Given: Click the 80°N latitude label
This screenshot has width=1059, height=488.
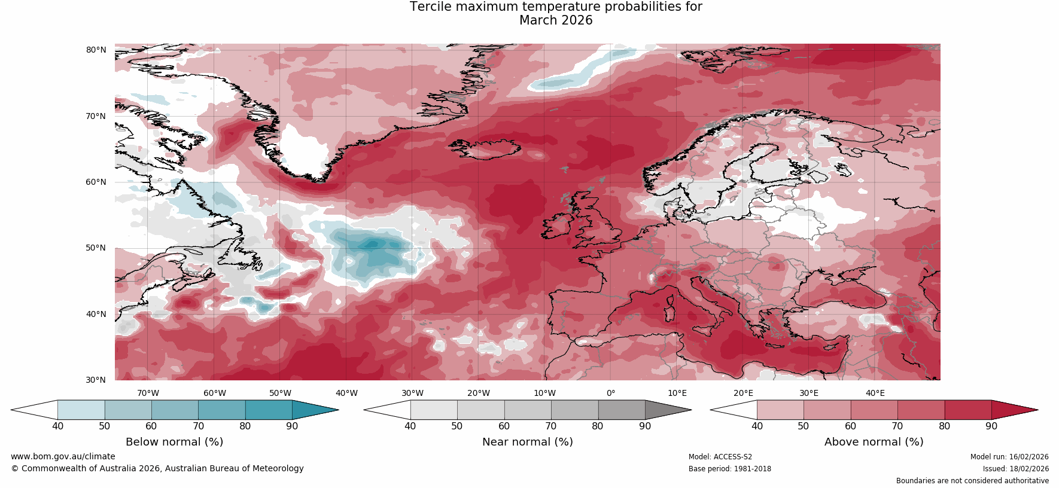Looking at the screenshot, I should point(96,50).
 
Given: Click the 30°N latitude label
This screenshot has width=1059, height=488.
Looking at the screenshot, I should point(96,380).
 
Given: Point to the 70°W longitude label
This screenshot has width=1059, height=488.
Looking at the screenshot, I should point(148,393).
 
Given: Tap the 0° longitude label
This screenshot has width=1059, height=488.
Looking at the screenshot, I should point(611,393).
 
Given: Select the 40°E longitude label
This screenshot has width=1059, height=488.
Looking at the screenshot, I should point(875,393).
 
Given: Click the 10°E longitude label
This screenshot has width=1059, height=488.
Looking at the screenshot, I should point(677,393).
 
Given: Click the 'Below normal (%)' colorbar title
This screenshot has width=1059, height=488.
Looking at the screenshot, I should point(174,442).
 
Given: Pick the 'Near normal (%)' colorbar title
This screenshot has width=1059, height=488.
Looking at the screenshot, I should point(527,442).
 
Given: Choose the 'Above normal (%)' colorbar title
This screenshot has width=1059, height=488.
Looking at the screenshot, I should point(874,442).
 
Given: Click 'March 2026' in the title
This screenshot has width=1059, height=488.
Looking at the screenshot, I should point(556,20).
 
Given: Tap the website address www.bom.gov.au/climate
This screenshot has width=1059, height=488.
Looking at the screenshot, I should point(63,456).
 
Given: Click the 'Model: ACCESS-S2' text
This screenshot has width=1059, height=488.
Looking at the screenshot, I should point(720,457).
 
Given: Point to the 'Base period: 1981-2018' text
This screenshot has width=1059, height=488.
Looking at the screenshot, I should point(729,469).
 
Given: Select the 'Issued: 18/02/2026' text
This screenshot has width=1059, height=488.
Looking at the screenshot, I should point(1015,469).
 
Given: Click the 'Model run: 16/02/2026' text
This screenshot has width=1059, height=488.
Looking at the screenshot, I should point(1009,457).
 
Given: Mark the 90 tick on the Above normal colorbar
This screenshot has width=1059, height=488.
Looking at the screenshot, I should point(991,426).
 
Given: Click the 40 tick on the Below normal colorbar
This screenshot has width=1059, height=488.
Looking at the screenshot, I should point(57,426).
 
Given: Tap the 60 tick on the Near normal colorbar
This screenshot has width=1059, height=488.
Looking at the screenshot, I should point(504,426).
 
